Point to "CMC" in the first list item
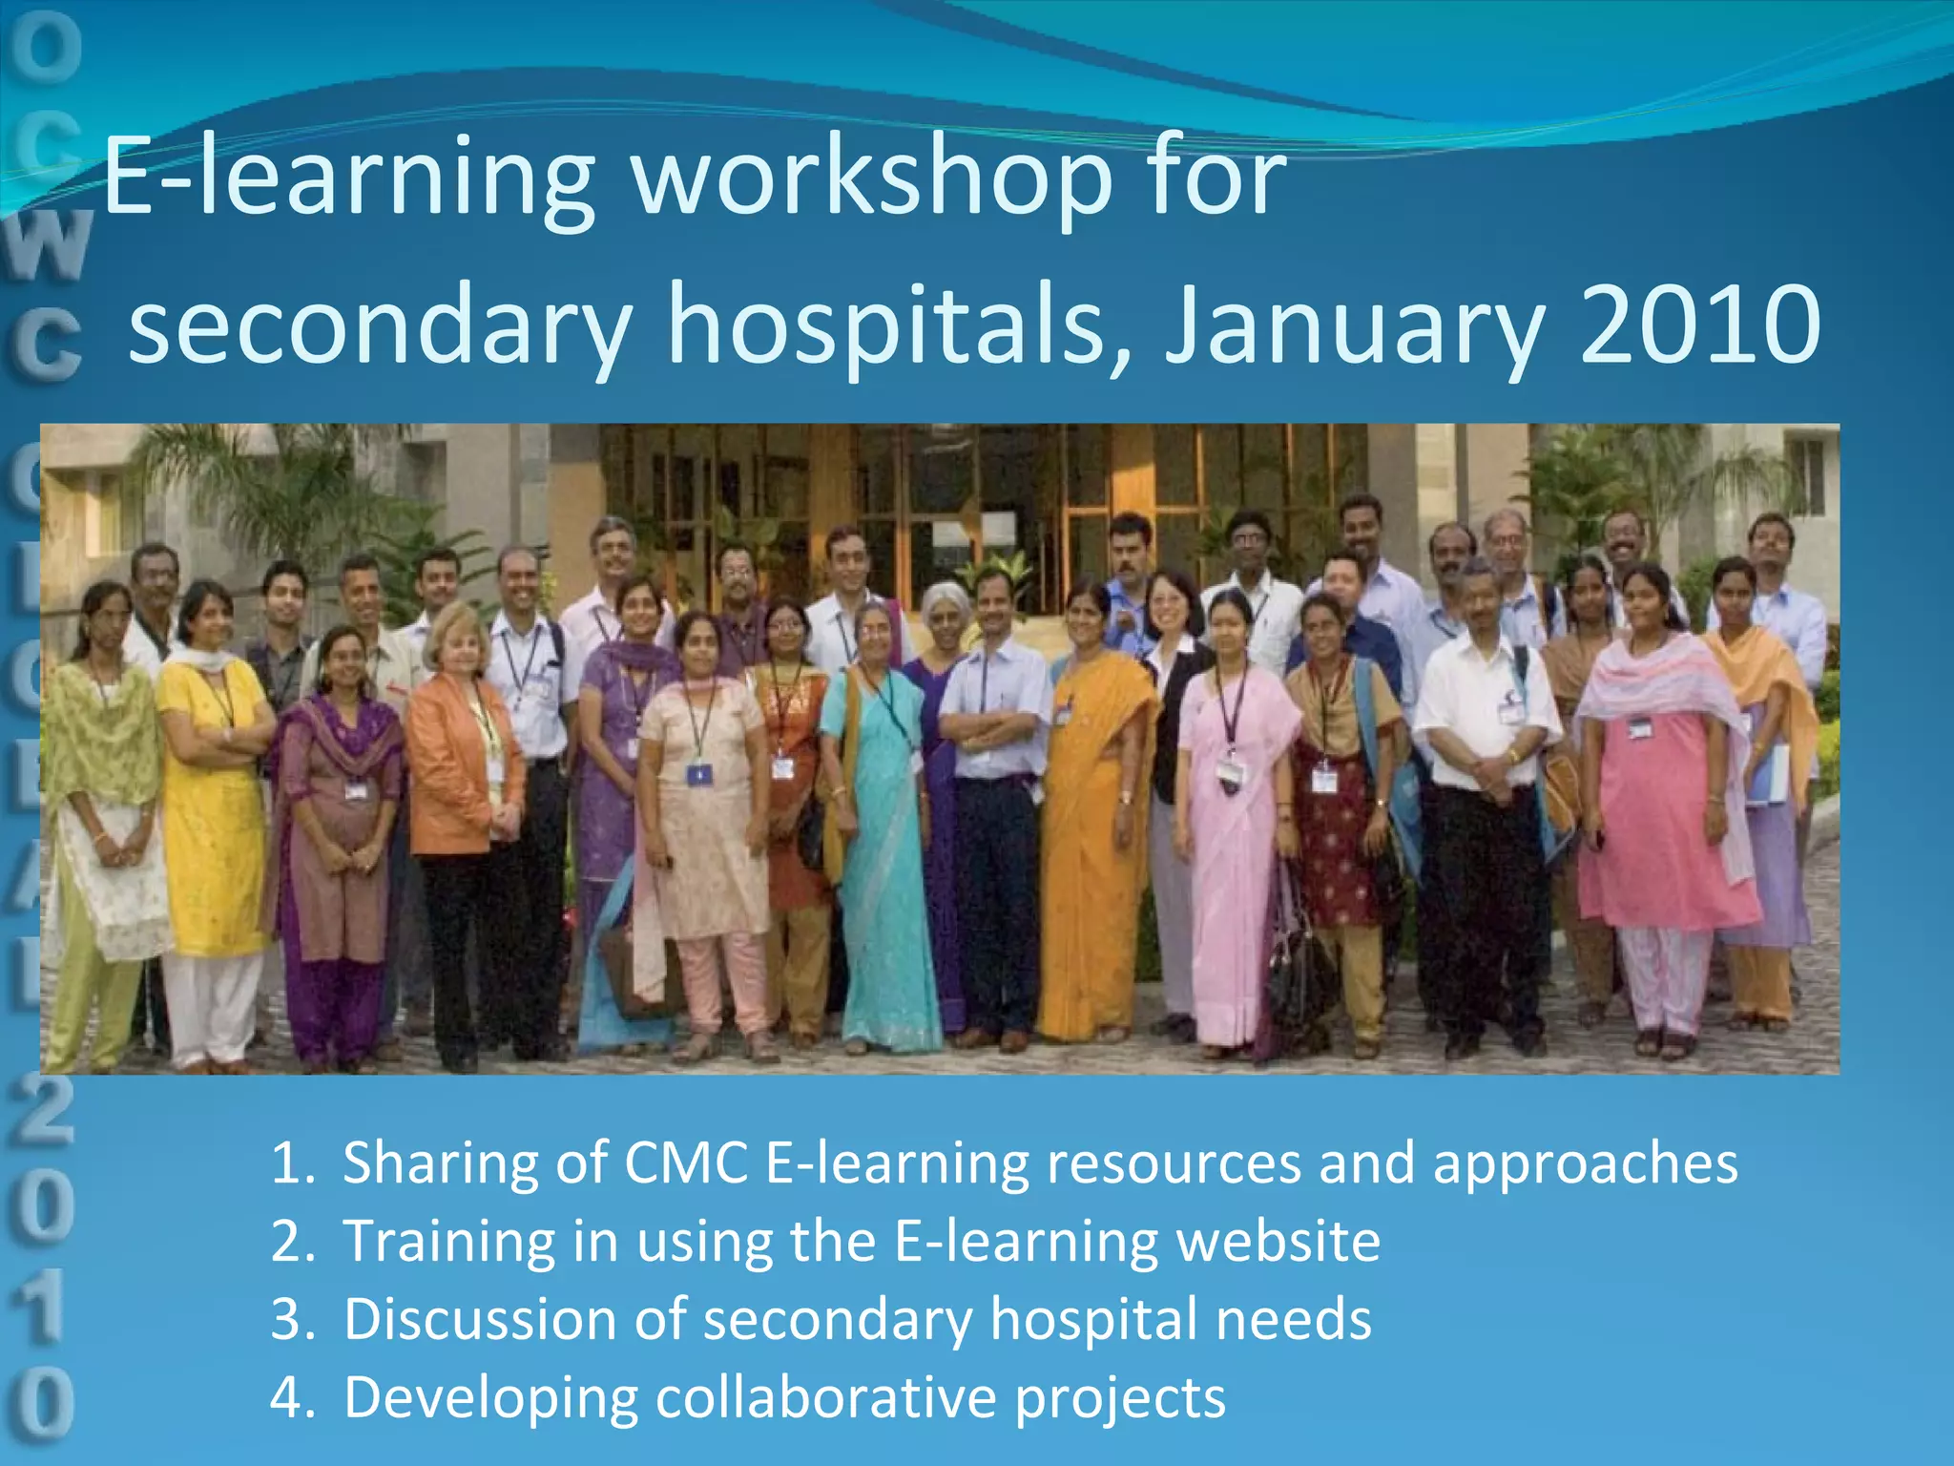pos(686,1162)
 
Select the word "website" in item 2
pos(1278,1241)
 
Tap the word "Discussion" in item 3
pos(480,1319)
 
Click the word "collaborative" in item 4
pos(827,1397)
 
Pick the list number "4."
pos(291,1397)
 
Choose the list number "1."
pos(291,1162)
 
